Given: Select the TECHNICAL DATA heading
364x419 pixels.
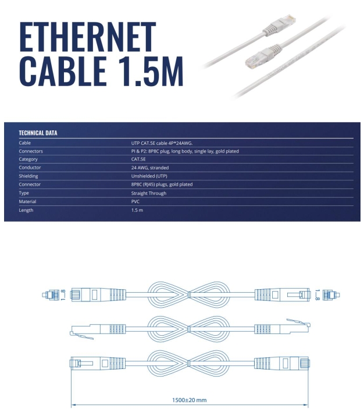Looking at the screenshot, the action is click(38, 133).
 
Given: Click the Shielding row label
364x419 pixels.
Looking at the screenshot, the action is click(28, 176).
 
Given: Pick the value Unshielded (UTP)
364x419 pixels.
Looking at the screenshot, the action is click(149, 176).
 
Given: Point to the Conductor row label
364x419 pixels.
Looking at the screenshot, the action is click(30, 167).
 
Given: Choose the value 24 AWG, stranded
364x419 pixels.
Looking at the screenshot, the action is click(150, 168).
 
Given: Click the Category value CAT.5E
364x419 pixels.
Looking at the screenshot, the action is click(138, 159).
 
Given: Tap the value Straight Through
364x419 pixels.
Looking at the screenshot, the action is click(149, 193).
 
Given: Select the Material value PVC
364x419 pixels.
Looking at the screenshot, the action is click(135, 201).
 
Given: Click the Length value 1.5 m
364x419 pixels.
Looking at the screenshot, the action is click(137, 210).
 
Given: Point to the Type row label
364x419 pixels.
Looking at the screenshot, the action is click(24, 193).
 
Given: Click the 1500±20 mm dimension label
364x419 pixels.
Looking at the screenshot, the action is click(189, 400).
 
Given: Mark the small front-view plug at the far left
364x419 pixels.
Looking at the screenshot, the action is click(51, 294).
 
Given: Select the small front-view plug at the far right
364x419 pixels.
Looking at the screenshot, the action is click(331, 294).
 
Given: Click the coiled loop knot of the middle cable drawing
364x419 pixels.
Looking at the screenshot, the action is click(189, 329).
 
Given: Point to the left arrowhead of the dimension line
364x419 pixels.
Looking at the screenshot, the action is click(73, 404).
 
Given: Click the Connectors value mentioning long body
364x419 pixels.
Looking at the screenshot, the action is click(185, 151).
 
